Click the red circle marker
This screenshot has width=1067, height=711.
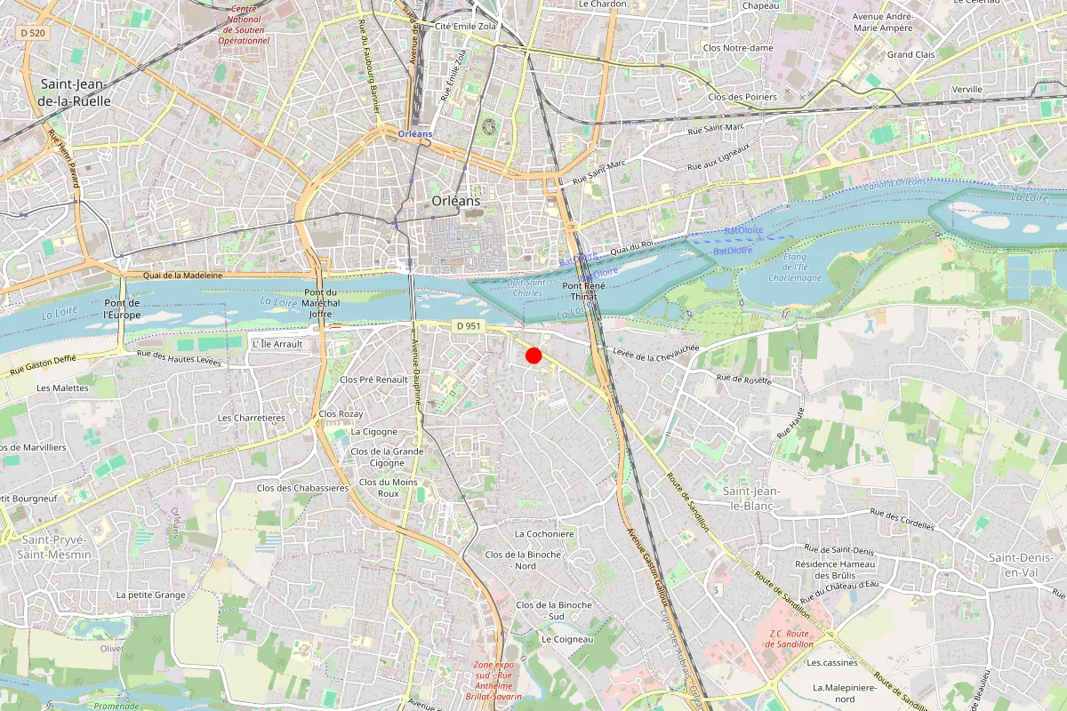click(x=533, y=355)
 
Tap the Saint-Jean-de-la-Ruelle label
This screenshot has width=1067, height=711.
click(x=75, y=92)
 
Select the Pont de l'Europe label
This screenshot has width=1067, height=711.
click(x=122, y=308)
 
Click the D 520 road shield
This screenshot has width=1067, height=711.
click(x=31, y=33)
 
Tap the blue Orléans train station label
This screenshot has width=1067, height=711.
click(x=414, y=133)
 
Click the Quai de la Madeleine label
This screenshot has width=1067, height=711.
click(x=182, y=276)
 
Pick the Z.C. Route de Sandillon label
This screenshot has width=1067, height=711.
click(x=791, y=638)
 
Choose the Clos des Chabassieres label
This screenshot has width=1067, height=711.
click(x=302, y=488)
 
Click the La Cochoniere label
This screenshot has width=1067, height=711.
click(x=545, y=534)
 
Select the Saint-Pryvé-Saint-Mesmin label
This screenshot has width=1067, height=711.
click(x=56, y=547)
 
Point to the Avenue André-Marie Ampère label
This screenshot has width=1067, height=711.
click(x=882, y=22)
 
